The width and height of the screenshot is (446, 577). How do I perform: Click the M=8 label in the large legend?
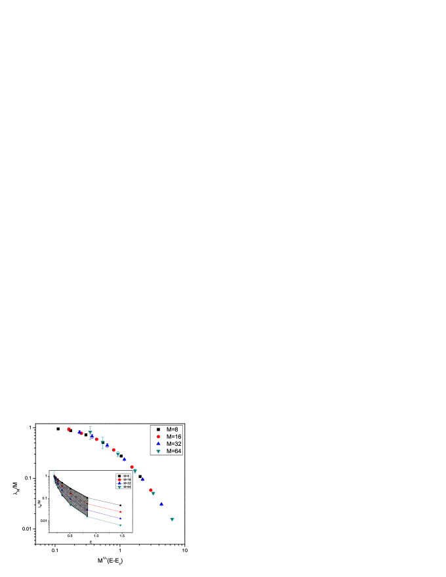[x=173, y=429]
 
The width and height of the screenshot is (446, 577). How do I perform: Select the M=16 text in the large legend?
[x=174, y=437]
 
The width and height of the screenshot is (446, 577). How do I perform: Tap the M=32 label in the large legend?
[x=174, y=444]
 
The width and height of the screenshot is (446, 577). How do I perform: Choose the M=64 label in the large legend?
[x=174, y=451]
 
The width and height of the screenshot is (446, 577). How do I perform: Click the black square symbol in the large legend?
[x=159, y=429]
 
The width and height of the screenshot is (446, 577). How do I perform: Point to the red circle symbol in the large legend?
[x=159, y=437]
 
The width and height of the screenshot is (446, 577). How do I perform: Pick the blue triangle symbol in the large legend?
[x=159, y=444]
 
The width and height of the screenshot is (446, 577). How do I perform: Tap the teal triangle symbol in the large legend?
[x=159, y=451]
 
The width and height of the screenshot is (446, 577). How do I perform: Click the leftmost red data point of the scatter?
[x=68, y=429]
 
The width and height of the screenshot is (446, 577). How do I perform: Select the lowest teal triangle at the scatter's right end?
[x=172, y=519]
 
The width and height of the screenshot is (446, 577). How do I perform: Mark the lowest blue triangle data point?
[x=161, y=504]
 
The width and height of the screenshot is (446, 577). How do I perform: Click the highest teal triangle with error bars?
[x=90, y=433]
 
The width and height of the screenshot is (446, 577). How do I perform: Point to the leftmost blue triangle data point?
[x=79, y=432]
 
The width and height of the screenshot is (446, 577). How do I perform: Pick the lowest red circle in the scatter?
[x=151, y=490]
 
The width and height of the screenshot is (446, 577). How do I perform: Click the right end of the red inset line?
[x=121, y=512]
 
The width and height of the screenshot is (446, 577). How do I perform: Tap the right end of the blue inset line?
[x=121, y=519]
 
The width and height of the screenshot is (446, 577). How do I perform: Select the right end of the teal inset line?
[x=121, y=525]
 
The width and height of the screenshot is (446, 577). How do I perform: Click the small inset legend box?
[x=123, y=481]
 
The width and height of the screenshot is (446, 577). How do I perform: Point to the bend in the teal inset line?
[x=87, y=517]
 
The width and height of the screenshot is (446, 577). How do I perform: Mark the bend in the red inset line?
[x=87, y=504]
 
